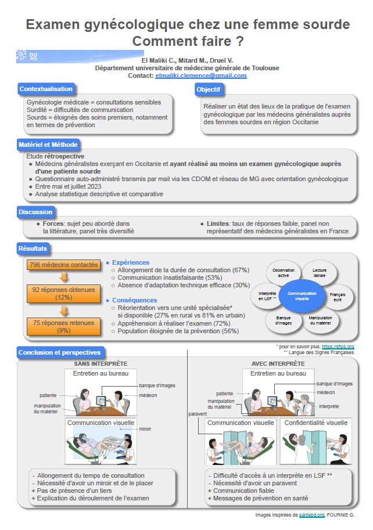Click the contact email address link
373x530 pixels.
pos(201,75)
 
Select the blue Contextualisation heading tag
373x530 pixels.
pos(46,89)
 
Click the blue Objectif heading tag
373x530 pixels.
pos(209,89)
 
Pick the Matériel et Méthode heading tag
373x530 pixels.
pos(48,145)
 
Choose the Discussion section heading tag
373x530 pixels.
pos(35,212)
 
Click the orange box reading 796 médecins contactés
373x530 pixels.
pos(63,265)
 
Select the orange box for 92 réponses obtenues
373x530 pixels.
pos(63,293)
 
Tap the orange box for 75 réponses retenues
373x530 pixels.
pos(63,326)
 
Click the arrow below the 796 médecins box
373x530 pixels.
pos(63,277)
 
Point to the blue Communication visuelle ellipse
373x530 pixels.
pos(302,296)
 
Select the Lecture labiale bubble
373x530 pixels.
pos(319,273)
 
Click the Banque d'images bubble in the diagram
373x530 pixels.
pos(284,320)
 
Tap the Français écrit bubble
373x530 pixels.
pos(337,297)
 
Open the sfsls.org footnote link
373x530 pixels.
pos(338,347)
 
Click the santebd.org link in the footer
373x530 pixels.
pos(312,515)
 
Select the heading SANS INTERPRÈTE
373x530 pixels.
pos(101,364)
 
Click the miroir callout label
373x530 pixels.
pos(145,429)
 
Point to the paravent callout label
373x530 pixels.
pos(198,414)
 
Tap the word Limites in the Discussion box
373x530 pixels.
pos(218,223)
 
